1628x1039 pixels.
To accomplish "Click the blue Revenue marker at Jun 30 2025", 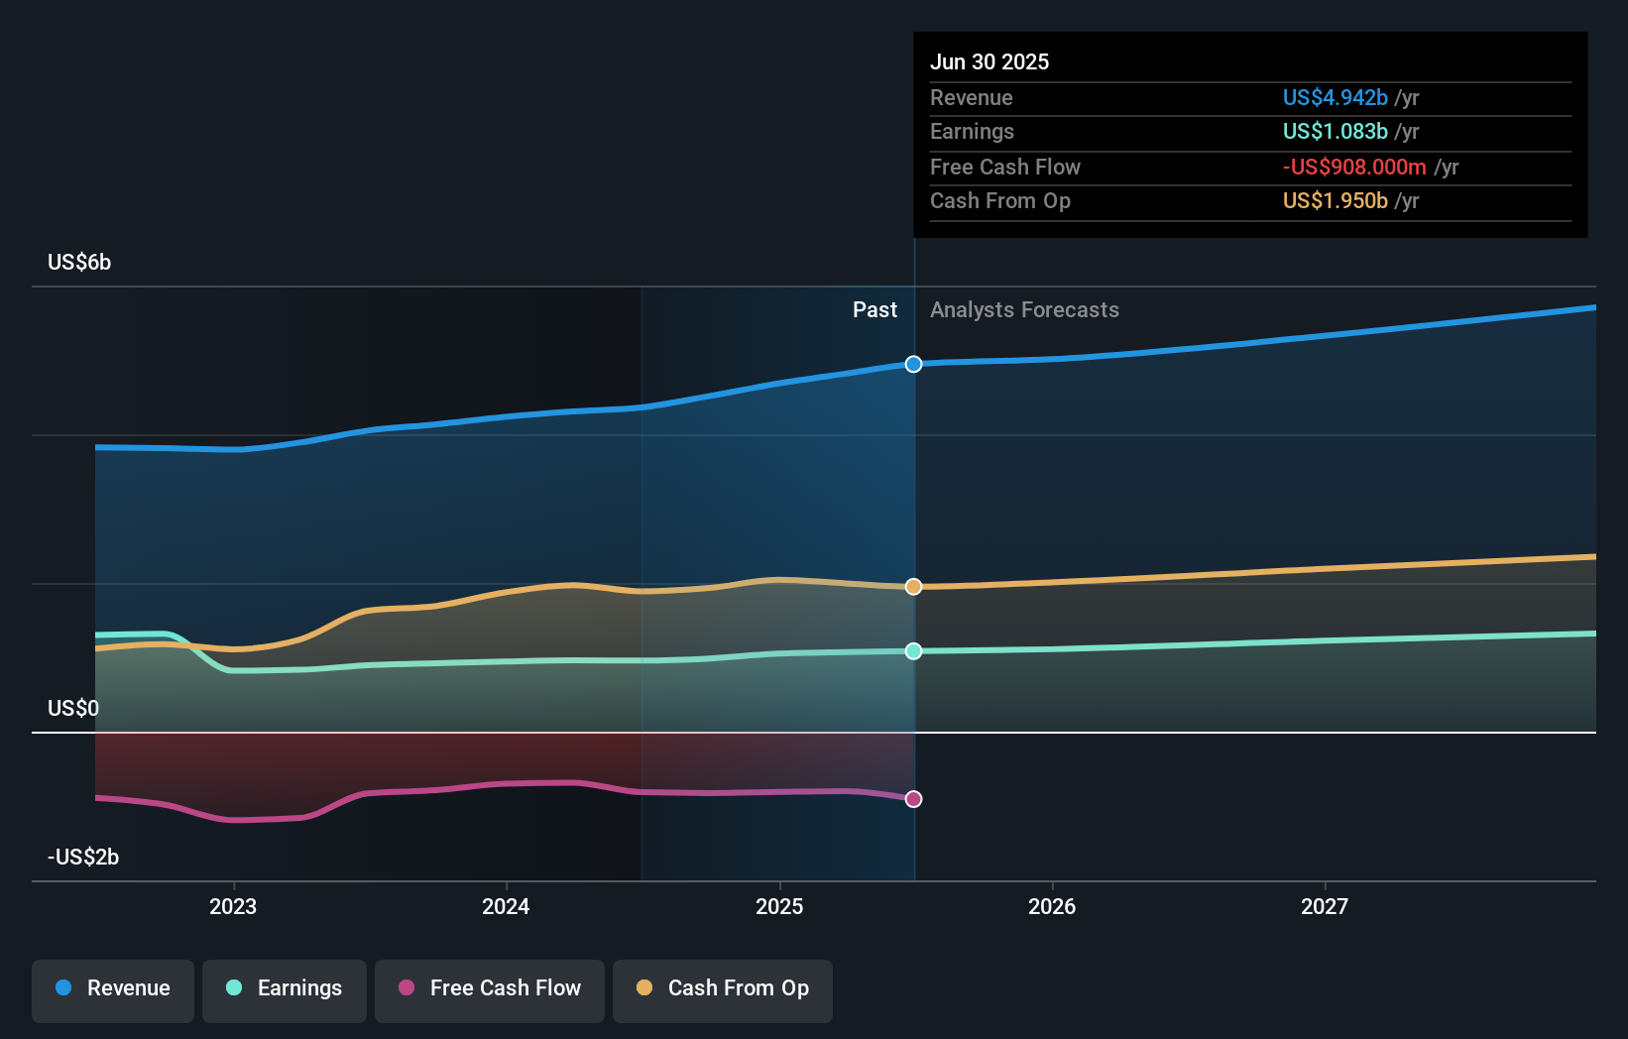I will (913, 364).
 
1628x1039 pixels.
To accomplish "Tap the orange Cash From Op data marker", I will (913, 587).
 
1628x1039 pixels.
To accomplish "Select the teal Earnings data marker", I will (913, 651).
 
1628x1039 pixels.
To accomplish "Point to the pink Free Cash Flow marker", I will (913, 799).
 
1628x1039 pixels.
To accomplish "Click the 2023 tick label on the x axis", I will (233, 906).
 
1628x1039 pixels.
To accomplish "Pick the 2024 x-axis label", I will (506, 906).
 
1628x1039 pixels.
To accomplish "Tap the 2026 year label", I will (1052, 906).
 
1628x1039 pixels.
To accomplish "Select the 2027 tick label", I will (1325, 906).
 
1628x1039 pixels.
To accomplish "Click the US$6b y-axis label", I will (79, 263).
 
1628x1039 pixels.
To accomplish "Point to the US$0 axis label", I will (73, 708).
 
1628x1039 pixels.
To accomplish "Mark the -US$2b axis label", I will (83, 857).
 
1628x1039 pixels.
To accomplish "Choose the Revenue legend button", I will (113, 988).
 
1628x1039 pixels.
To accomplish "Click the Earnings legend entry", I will (285, 988).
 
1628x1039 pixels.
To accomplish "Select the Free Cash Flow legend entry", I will (490, 988).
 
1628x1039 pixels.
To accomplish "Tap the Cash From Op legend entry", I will (723, 988).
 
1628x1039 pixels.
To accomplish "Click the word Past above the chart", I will (874, 310).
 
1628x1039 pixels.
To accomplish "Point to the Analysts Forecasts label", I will (1024, 310).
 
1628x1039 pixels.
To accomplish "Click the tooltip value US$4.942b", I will (1335, 97).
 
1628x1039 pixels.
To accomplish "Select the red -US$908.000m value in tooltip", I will (1354, 167).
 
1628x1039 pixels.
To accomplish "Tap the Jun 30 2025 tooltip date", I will (989, 61).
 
